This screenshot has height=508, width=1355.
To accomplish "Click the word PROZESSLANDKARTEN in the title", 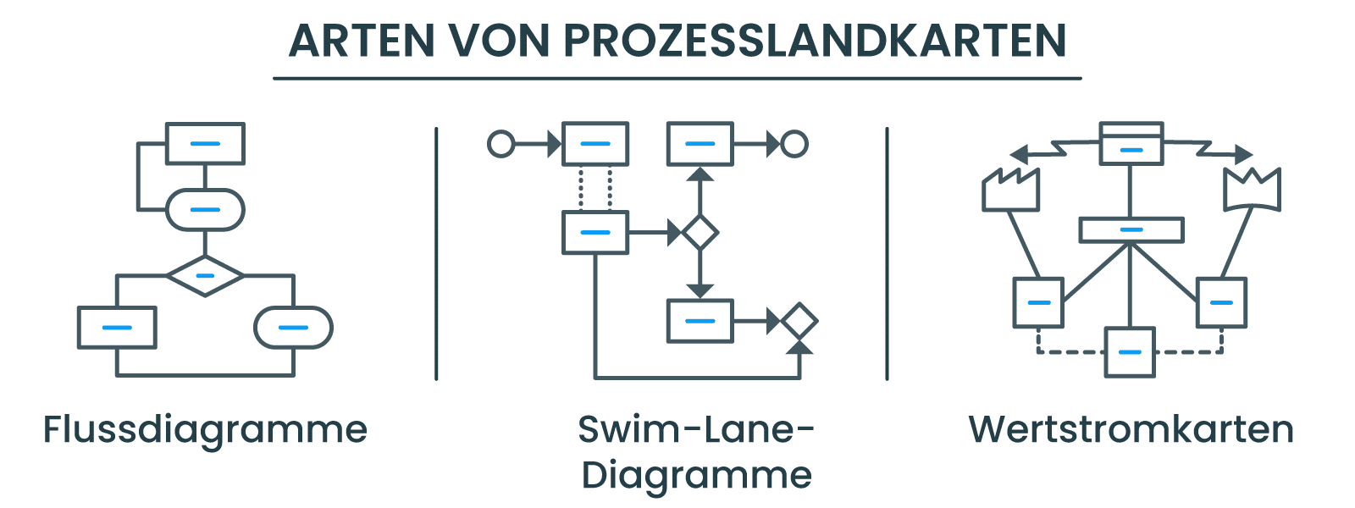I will coord(815,41).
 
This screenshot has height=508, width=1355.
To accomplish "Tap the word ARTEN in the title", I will coord(362,41).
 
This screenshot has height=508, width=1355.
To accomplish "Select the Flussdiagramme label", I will coord(205,430).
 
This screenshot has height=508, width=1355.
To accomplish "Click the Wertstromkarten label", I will coord(1131,429).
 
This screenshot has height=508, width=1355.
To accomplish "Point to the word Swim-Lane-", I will coord(696,429).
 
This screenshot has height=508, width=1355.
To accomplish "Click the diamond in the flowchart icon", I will coord(205,276).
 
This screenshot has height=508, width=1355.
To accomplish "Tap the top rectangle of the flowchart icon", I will coord(205,143).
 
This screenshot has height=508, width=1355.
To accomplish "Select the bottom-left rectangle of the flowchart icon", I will coord(117,327).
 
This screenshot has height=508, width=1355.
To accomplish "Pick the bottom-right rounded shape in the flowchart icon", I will coord(293,327).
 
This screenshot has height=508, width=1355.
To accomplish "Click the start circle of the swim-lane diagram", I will coord(501,144).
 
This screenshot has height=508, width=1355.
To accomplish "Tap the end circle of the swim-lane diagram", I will coord(794,144).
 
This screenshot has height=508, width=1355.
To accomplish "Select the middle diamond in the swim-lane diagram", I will coord(700,232).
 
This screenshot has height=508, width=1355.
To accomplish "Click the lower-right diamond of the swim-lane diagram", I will coord(799,321).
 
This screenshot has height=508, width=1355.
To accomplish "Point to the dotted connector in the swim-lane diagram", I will coord(595,188).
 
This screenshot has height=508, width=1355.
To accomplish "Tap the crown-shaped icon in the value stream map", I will coord(1253,190).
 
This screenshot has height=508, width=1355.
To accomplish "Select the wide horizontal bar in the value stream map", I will coord(1131,229).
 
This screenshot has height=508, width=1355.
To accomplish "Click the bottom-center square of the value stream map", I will coord(1130,351).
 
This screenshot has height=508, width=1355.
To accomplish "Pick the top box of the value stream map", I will coord(1131,143).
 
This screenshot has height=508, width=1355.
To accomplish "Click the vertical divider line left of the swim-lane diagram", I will coord(436,254).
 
